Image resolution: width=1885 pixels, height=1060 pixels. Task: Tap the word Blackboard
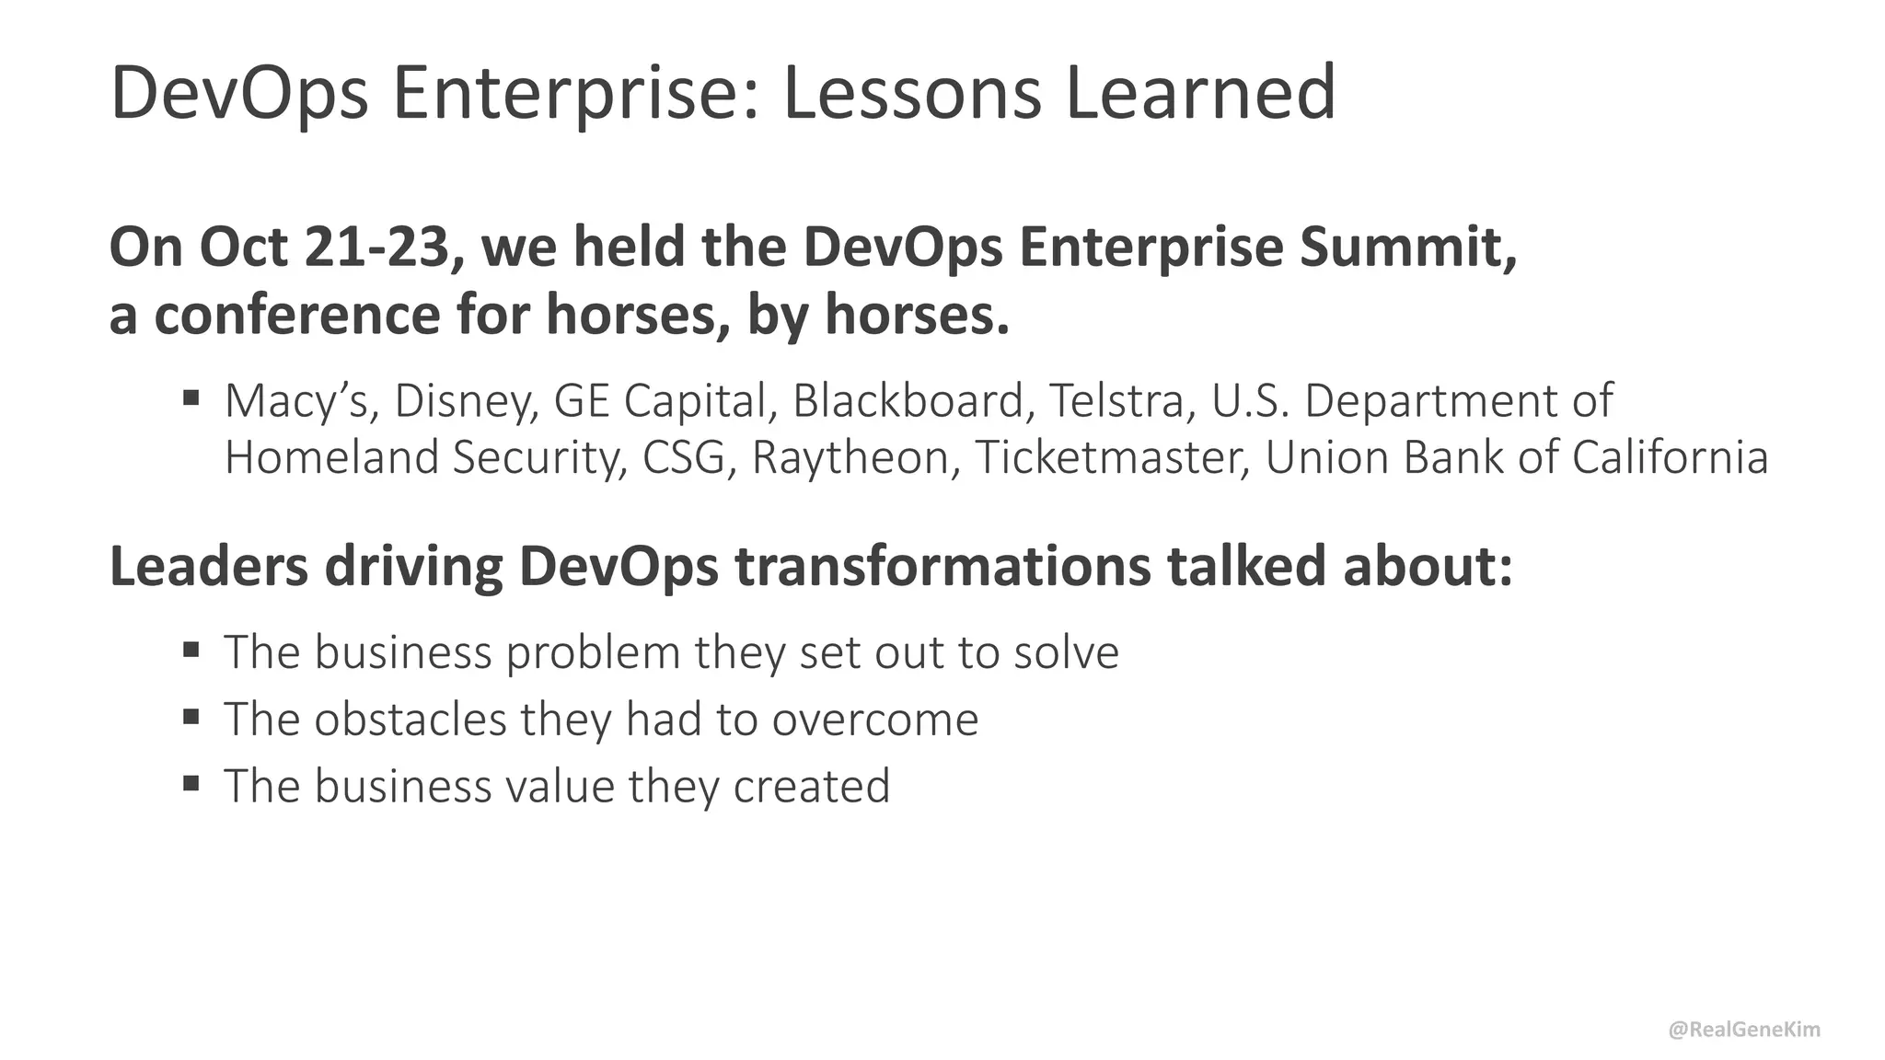[x=908, y=401]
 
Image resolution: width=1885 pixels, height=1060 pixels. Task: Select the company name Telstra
[x=1116, y=401]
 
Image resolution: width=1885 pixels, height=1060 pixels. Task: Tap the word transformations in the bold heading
[x=942, y=566]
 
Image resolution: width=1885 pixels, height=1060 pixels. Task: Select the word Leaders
[x=209, y=566]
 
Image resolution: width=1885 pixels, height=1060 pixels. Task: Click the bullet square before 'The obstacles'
[x=191, y=717]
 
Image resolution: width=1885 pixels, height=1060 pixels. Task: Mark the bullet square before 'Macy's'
[x=191, y=398]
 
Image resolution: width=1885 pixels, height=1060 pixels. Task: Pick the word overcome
[x=875, y=720]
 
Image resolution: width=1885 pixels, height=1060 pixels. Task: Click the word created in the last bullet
[x=812, y=787]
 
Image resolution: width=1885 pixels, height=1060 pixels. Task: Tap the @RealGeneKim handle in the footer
[x=1744, y=1030]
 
